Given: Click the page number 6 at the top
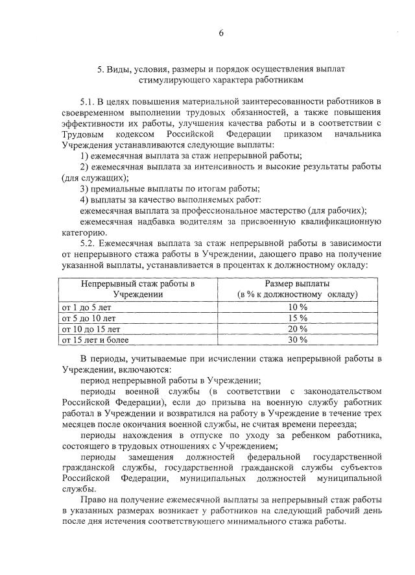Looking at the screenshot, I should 220,34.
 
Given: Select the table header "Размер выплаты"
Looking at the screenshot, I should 298,284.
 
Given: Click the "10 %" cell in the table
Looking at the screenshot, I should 297,306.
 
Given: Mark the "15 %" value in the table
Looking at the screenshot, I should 297,317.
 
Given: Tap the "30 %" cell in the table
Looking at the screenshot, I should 297,339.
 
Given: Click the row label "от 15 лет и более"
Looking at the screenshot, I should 95,339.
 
